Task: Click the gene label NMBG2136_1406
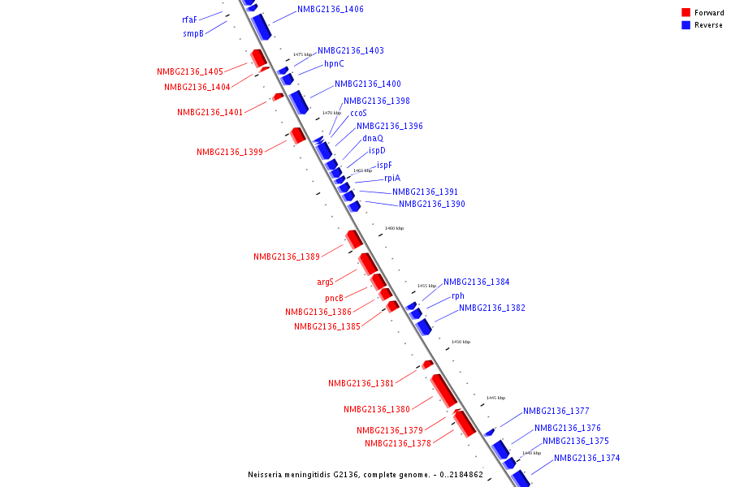click(331, 10)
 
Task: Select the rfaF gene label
click(189, 19)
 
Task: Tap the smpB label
click(192, 34)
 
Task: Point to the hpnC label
click(334, 64)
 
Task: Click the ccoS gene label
click(358, 114)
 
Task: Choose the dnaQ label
click(373, 139)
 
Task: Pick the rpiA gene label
click(392, 179)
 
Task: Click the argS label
click(325, 282)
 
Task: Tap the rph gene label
click(458, 296)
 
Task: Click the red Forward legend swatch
click(686, 12)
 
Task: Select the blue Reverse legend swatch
click(686, 25)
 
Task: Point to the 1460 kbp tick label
click(394, 229)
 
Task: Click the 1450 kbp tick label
click(461, 343)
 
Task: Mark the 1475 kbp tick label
click(302, 55)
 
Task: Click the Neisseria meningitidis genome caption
click(365, 475)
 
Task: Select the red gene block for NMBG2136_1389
click(353, 239)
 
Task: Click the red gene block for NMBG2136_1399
click(298, 135)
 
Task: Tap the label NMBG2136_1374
click(586, 459)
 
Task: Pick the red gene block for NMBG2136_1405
click(259, 58)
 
